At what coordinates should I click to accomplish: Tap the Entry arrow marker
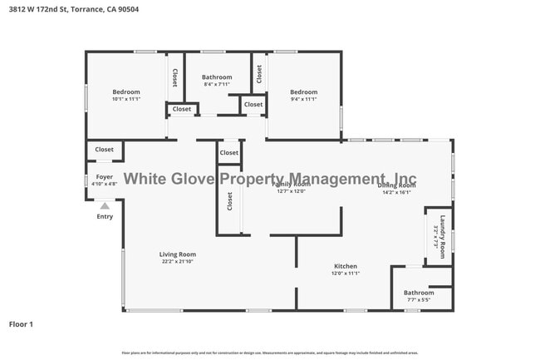105,205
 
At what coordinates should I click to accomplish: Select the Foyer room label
105,177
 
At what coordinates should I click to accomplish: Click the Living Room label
178,254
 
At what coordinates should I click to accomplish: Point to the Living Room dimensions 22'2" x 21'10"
178,262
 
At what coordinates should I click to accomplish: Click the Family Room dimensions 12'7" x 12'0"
292,191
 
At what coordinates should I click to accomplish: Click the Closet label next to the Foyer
104,150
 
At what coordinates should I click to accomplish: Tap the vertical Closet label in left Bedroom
174,77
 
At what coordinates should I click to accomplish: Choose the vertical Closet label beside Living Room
230,202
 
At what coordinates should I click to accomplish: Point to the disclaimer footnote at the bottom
269,353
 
